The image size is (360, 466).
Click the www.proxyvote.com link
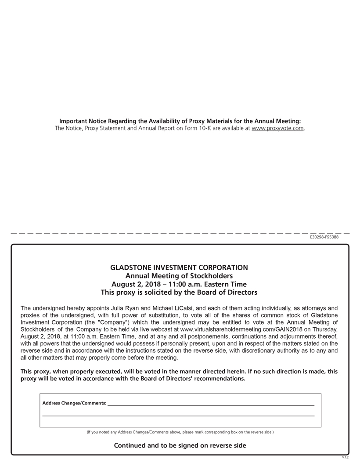pyautogui.click(x=277, y=128)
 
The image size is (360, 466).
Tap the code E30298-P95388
pyautogui.click(x=324, y=237)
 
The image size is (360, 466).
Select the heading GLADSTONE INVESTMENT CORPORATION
pyautogui.click(x=179, y=267)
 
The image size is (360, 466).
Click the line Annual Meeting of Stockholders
pyautogui.click(x=179, y=276)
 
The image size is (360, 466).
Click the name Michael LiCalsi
pyautogui.click(x=176, y=308)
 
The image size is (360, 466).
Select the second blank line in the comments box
pyautogui.click(x=178, y=415)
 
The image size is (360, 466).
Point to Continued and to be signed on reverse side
pyautogui.click(x=180, y=445)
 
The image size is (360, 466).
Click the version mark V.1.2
pyautogui.click(x=345, y=457)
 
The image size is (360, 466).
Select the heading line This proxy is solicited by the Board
pyautogui.click(x=179, y=292)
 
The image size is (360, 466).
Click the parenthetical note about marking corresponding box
pyautogui.click(x=180, y=432)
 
